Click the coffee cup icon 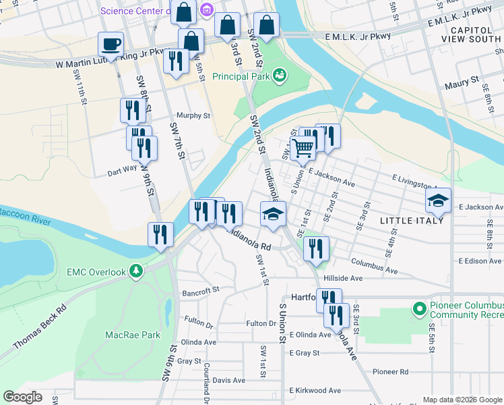111,45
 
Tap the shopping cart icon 303,146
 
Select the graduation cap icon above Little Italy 437,200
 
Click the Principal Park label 241,76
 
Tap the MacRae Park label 133,334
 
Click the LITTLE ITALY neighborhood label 412,221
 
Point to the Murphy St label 193,115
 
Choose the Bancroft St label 201,292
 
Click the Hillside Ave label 343,277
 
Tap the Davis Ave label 227,381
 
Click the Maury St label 461,86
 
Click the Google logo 23,397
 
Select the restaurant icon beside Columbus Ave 315,248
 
